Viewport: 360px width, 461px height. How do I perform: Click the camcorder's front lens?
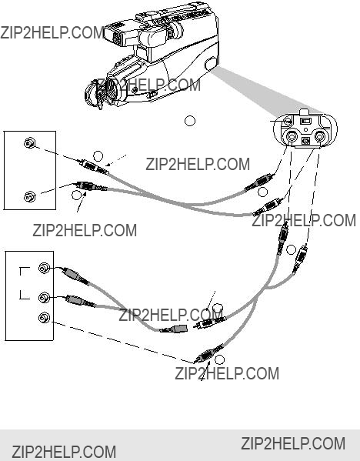tap(95, 94)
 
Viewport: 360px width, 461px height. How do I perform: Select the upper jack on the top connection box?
tap(29, 143)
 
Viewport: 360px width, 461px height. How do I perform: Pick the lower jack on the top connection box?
tap(29, 196)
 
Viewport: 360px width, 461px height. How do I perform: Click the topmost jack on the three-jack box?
tap(44, 268)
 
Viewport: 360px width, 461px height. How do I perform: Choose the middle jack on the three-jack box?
tap(44, 298)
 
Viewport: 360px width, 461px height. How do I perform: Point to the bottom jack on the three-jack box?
tap(44, 318)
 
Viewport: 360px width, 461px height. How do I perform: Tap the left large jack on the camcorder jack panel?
tap(292, 137)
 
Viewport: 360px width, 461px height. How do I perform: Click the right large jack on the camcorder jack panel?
tap(320, 137)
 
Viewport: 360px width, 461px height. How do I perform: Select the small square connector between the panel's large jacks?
tap(306, 141)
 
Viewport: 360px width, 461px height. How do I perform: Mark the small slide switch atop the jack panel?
tap(306, 121)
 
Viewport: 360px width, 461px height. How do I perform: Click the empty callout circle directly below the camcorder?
tap(190, 121)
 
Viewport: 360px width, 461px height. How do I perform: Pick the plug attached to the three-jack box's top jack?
tap(75, 276)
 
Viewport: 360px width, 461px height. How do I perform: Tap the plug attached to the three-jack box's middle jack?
tap(80, 301)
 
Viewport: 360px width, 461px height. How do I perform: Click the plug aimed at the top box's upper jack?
tap(94, 167)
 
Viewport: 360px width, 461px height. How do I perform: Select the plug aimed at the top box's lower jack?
tap(91, 186)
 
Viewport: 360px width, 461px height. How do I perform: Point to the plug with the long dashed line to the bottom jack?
tap(209, 353)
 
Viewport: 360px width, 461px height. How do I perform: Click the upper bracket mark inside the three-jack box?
tap(24, 270)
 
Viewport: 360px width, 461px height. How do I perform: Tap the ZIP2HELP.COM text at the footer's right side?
tap(293, 443)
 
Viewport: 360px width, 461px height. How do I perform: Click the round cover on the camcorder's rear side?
tap(211, 64)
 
